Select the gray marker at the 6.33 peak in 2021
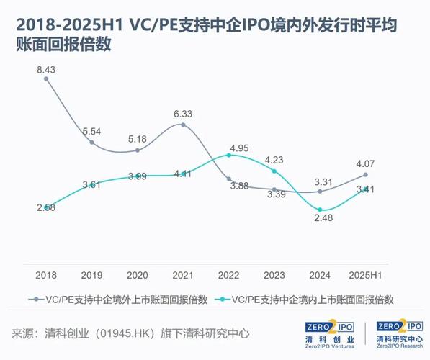tap(183, 125)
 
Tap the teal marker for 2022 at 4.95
tap(229, 155)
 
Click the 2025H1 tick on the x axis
tap(365, 274)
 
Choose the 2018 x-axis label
tap(46, 274)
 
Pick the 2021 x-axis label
tap(183, 274)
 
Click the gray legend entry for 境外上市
tap(119, 297)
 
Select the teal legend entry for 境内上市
tap(310, 297)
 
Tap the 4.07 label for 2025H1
tap(365, 162)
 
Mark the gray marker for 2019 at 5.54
tap(91, 143)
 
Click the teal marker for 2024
tap(320, 210)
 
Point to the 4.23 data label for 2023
tap(274, 160)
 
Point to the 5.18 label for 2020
tap(137, 138)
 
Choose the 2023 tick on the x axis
tap(274, 274)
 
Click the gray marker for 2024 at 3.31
tap(320, 191)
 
